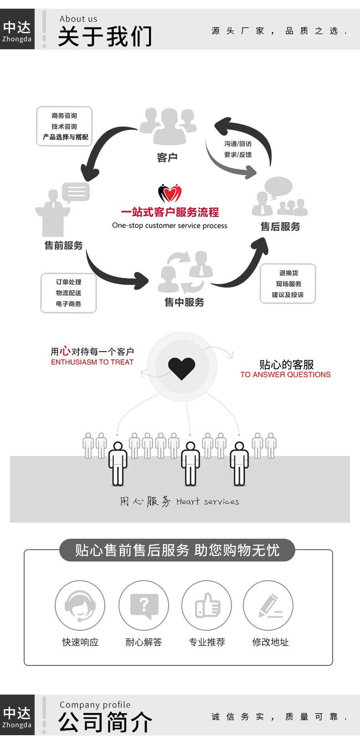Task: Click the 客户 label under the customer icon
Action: pos(167,158)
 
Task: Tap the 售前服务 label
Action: pos(63,246)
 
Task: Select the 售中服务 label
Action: pos(184,302)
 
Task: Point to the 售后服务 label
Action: pos(280,227)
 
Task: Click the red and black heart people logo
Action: pos(170,193)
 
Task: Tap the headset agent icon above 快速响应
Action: pos(80,606)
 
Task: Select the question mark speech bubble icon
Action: pos(144,606)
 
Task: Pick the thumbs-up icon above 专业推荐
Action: pos(207,606)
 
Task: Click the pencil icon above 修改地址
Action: pos(268,606)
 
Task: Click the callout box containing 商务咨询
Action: pos(64,126)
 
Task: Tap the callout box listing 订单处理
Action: pos(68,293)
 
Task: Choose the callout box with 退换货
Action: pos(288,283)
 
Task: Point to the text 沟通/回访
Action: pos(237,144)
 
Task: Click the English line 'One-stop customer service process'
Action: pos(170,226)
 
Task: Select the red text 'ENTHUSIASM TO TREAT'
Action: pos(92,362)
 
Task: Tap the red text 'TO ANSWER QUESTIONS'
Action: pos(285,375)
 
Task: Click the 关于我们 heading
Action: pos(105,36)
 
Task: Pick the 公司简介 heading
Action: pos(105,722)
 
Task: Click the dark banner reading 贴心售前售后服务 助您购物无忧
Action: pos(177,551)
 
